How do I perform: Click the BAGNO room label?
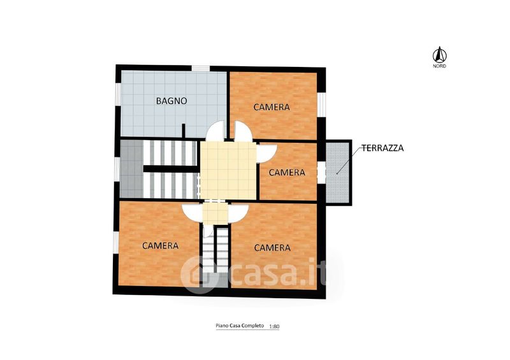tap(171, 101)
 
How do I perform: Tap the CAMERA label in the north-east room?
tap(272, 107)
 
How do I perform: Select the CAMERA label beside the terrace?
tap(287, 173)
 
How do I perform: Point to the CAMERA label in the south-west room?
tap(161, 245)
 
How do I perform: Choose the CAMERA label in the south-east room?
tap(272, 248)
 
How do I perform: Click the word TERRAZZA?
tap(383, 148)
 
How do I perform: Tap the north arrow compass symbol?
tap(439, 55)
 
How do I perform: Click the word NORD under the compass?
tap(439, 66)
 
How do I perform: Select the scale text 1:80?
tap(274, 326)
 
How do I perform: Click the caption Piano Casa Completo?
tap(240, 326)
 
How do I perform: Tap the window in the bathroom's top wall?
tap(200, 68)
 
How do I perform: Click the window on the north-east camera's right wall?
tap(321, 104)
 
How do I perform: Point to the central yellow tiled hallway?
tap(228, 170)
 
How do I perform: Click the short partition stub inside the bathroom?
tap(184, 131)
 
